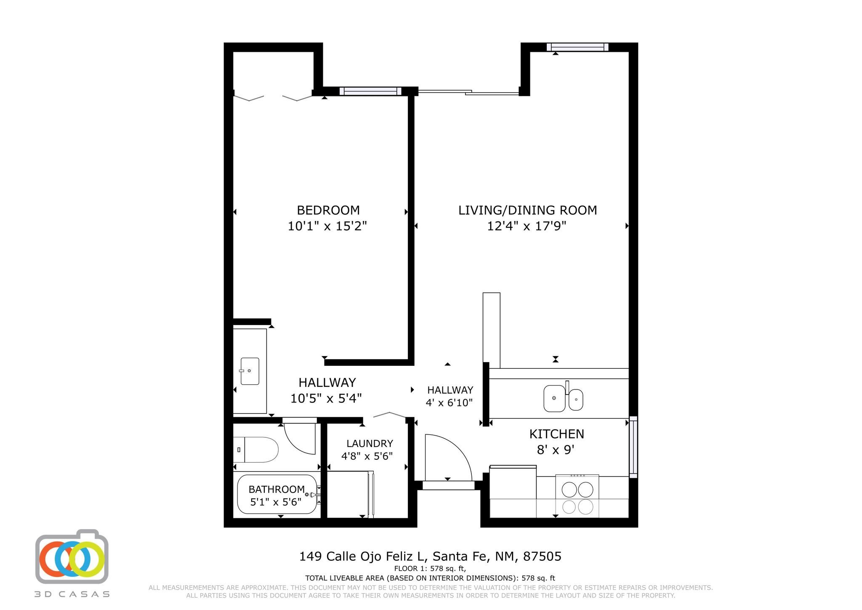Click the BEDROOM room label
click(x=328, y=210)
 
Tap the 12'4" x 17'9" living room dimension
click(x=527, y=226)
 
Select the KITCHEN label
click(x=556, y=434)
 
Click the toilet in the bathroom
click(x=255, y=450)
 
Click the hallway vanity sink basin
click(x=250, y=371)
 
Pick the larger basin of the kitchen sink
click(x=554, y=398)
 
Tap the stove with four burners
click(x=577, y=496)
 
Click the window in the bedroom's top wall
click(x=370, y=91)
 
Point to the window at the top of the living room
click(x=577, y=47)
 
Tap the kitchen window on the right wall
click(x=633, y=447)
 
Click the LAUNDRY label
click(x=370, y=443)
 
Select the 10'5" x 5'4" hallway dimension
click(x=326, y=398)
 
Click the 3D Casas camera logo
click(x=72, y=557)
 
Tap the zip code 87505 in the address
click(x=542, y=557)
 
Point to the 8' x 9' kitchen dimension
click(x=556, y=450)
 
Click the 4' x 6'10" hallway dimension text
click(x=450, y=403)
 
